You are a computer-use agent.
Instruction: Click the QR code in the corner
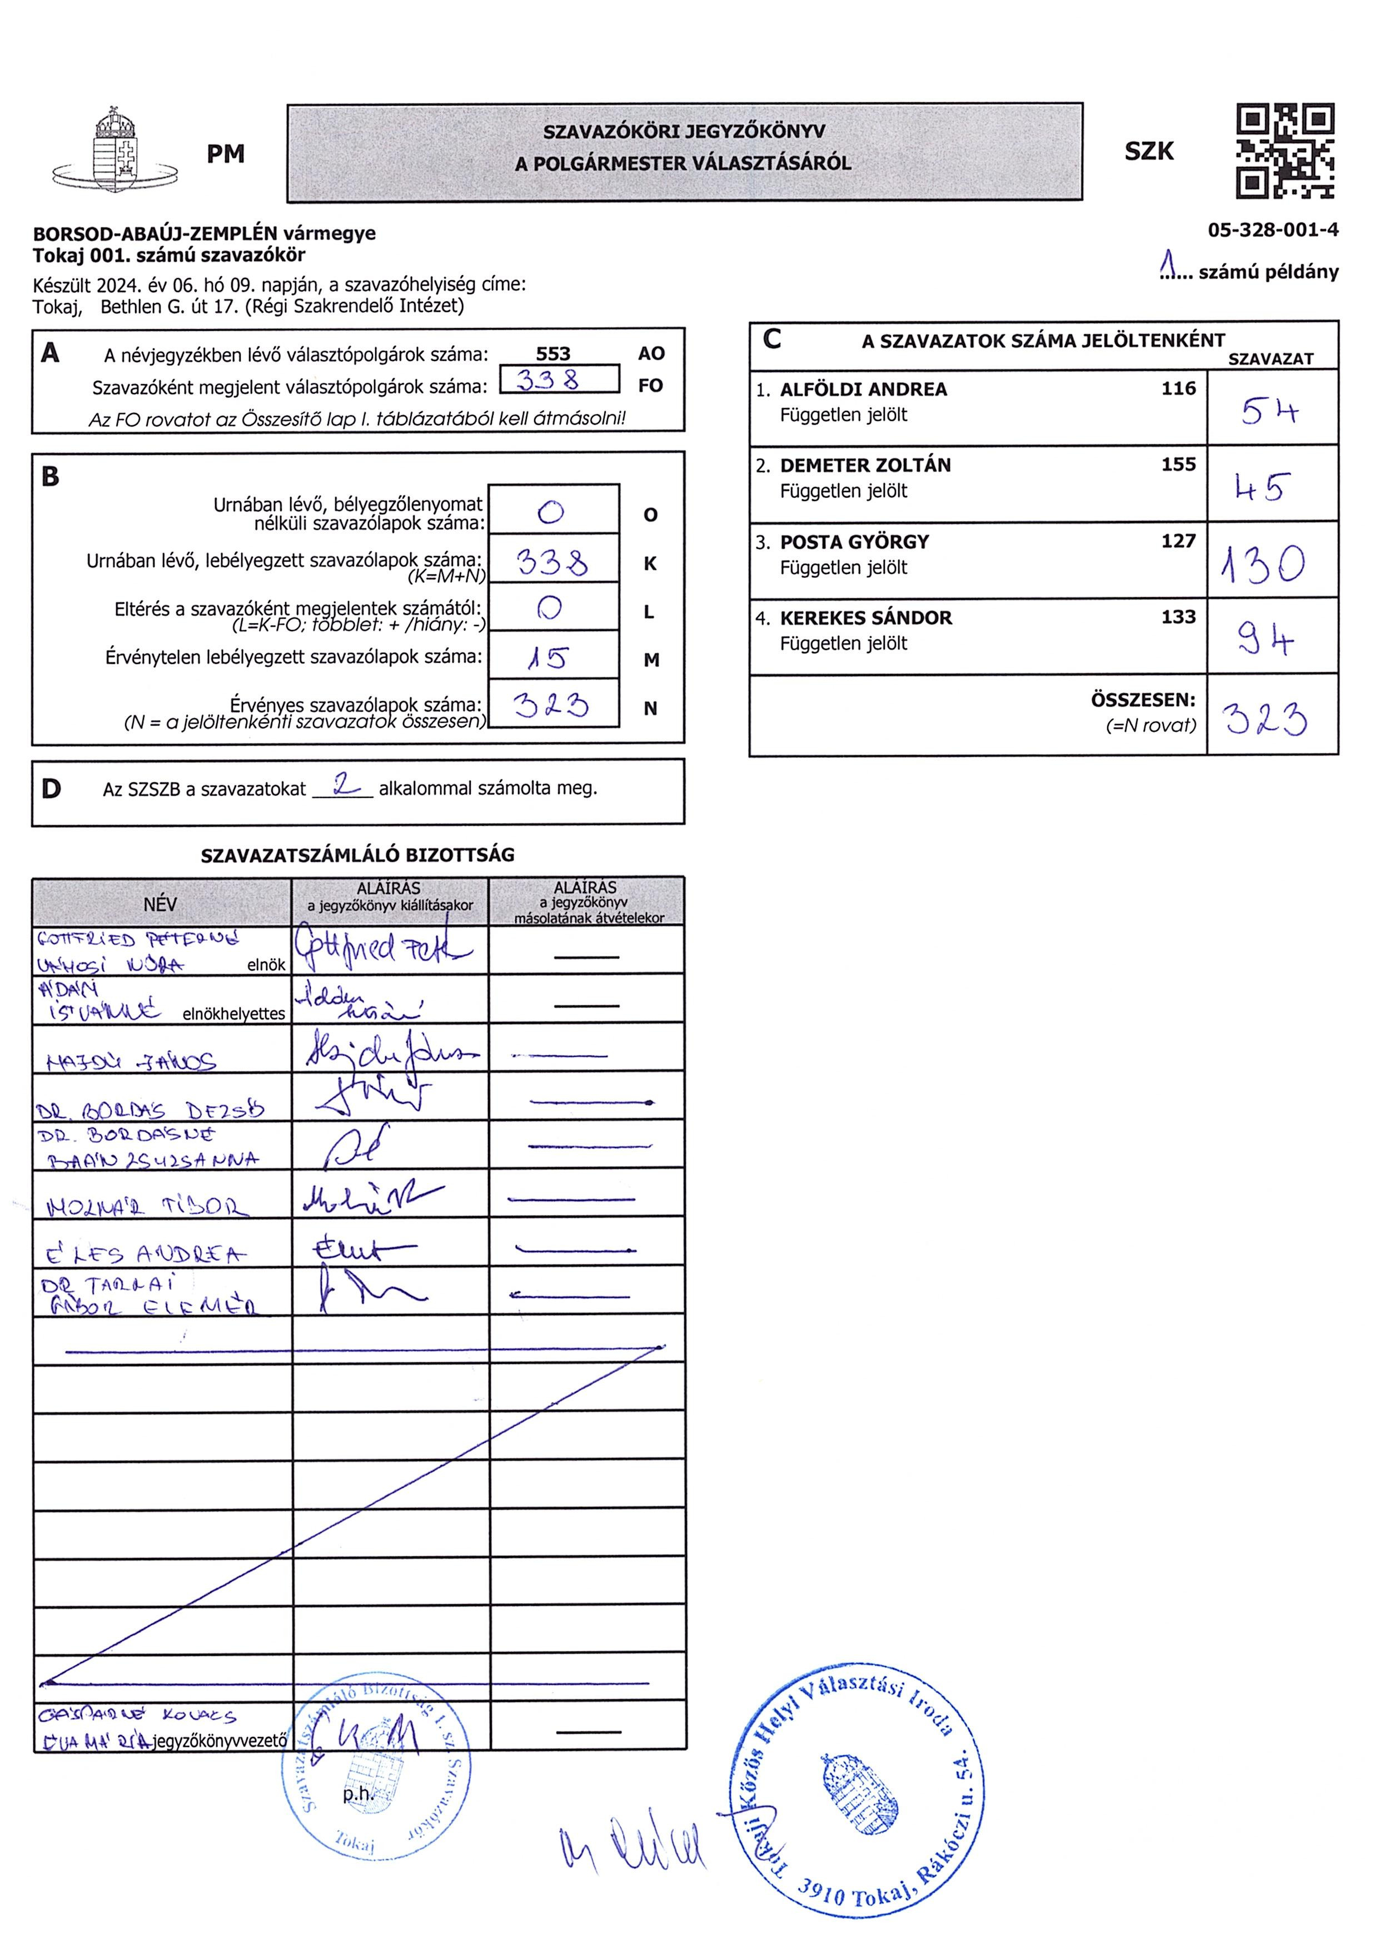point(1284,151)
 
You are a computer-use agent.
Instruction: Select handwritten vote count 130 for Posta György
point(1263,564)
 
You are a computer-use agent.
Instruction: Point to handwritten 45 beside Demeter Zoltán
point(1263,488)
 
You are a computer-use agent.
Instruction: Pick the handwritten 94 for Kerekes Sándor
point(1265,639)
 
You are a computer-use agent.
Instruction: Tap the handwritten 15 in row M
point(547,657)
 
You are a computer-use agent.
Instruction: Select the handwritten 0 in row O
point(551,512)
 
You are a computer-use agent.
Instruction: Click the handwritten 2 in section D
point(345,784)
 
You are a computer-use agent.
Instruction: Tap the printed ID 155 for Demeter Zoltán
point(1178,465)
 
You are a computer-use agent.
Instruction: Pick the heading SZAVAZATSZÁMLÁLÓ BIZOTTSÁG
point(357,855)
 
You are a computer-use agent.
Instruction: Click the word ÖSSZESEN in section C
point(1142,701)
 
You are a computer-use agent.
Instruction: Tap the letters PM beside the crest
point(225,153)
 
